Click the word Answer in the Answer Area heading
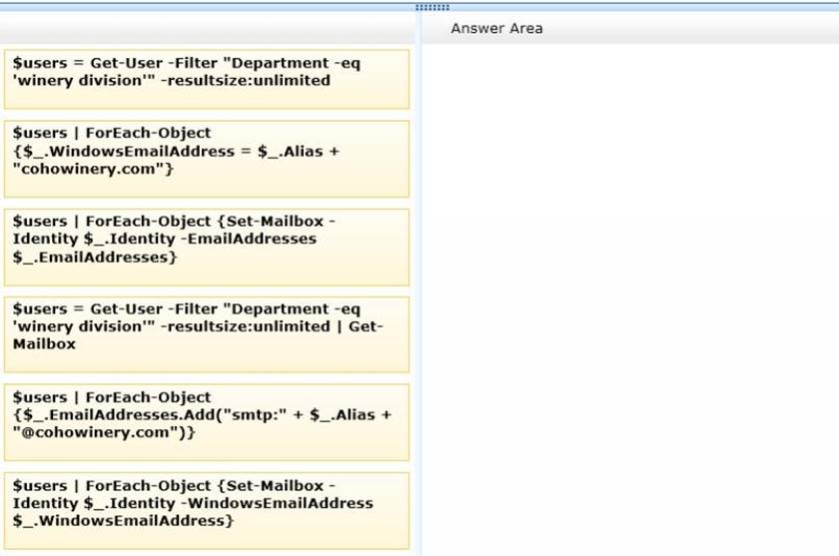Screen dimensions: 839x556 coord(474,28)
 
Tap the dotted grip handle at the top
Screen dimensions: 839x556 coord(432,7)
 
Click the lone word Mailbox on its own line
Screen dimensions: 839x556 coord(44,343)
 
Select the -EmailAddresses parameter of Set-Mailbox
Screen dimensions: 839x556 coord(249,239)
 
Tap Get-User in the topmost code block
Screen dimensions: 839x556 coord(126,63)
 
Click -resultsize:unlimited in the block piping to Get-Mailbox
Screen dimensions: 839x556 coord(245,326)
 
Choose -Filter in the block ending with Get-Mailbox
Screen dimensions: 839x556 coord(193,309)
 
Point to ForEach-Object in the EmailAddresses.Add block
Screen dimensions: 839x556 coord(148,397)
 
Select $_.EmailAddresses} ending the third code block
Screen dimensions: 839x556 coord(95,258)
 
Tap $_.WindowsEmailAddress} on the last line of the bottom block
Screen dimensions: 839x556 coord(123,521)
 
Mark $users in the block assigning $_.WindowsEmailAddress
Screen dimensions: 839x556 coord(40,133)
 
